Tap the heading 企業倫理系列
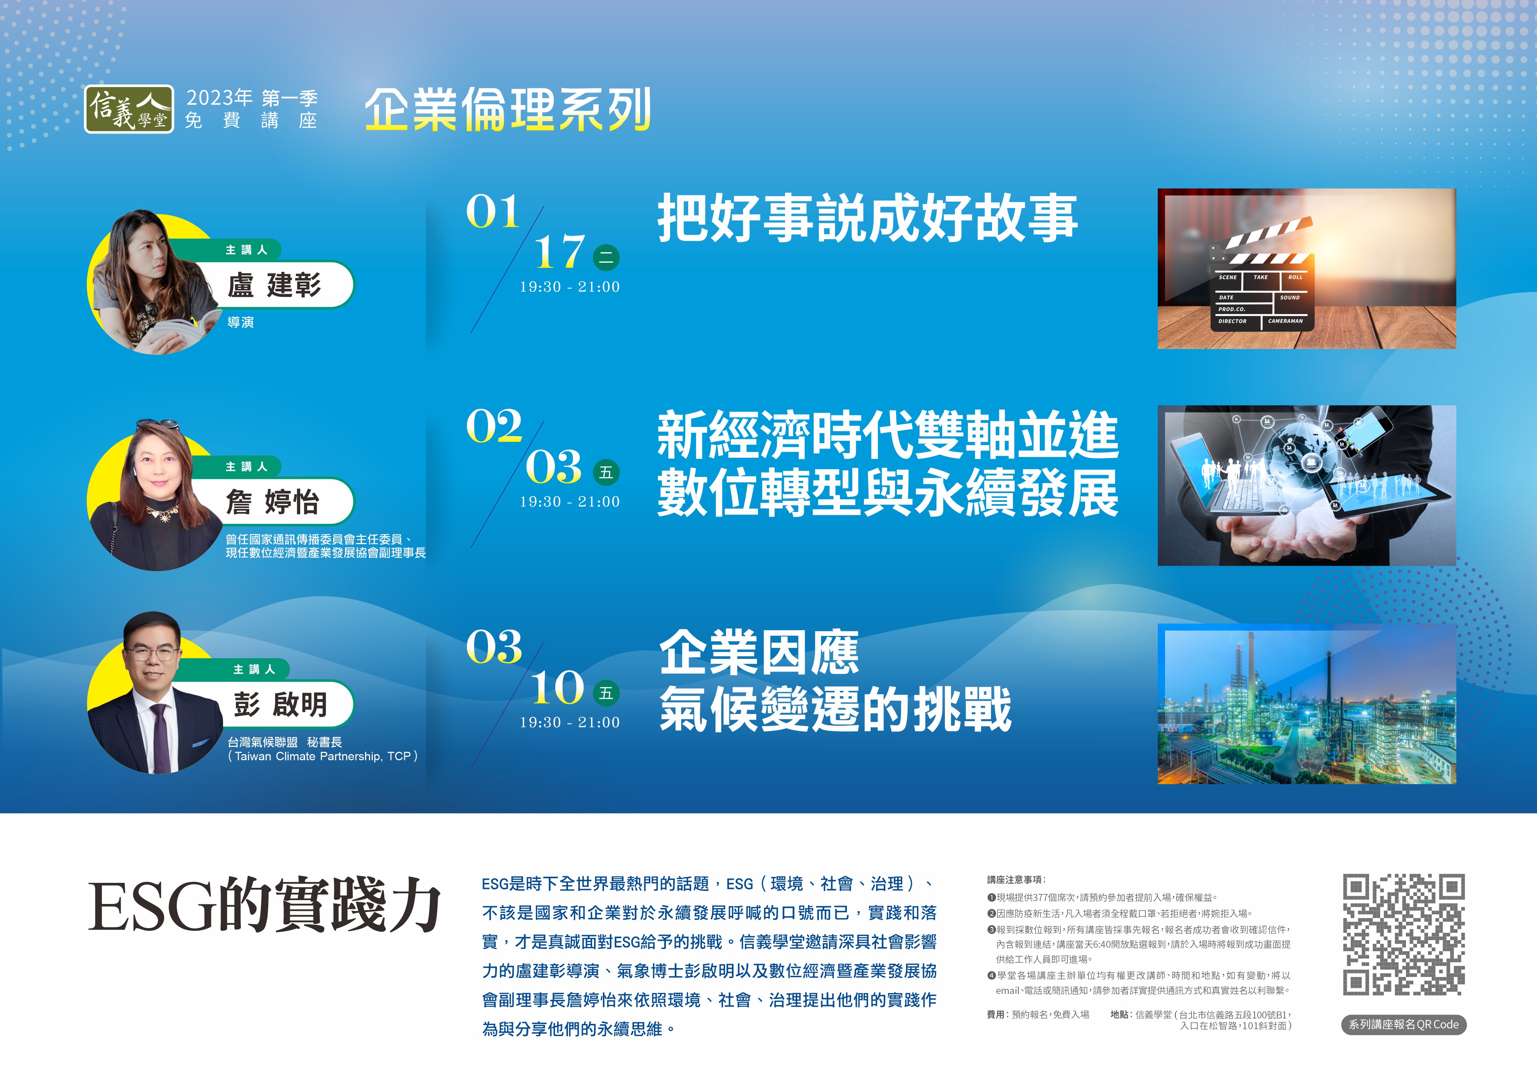pos(508,109)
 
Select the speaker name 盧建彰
pos(274,285)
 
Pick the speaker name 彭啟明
pos(281,704)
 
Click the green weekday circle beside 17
pos(606,258)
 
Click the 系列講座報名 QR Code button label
pos(1404,1025)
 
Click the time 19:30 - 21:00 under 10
pos(570,723)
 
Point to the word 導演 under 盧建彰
pos(240,323)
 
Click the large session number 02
pos(494,426)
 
